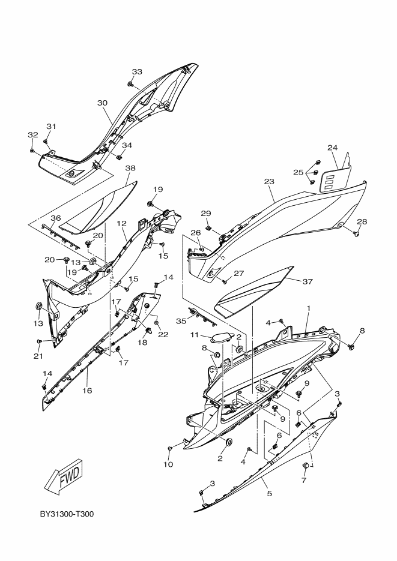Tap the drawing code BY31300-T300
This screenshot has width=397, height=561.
pyautogui.click(x=67, y=515)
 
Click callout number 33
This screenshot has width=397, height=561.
pyautogui.click(x=137, y=72)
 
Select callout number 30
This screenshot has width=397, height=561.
pyautogui.click(x=102, y=103)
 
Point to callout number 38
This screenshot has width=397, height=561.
pyautogui.click(x=130, y=169)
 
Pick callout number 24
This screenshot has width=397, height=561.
pyautogui.click(x=333, y=147)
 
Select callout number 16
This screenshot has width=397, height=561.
pyautogui.click(x=87, y=390)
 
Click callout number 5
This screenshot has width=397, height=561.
pyautogui.click(x=269, y=493)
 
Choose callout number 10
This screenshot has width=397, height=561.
pyautogui.click(x=168, y=464)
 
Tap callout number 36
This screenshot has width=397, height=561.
pyautogui.click(x=55, y=218)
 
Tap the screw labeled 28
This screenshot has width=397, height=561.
pyautogui.click(x=356, y=233)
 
